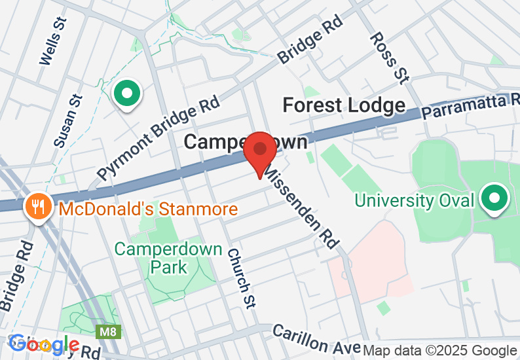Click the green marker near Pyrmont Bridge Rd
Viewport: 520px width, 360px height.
(127, 94)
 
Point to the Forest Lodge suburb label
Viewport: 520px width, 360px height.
(344, 105)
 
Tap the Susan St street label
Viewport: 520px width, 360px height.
(69, 121)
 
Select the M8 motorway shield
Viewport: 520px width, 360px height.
(108, 333)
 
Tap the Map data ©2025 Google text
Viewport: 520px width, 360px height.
(440, 351)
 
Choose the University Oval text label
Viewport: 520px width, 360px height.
(414, 200)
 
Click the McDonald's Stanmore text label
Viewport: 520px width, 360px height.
(147, 210)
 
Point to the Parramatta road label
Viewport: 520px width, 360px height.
(470, 106)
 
